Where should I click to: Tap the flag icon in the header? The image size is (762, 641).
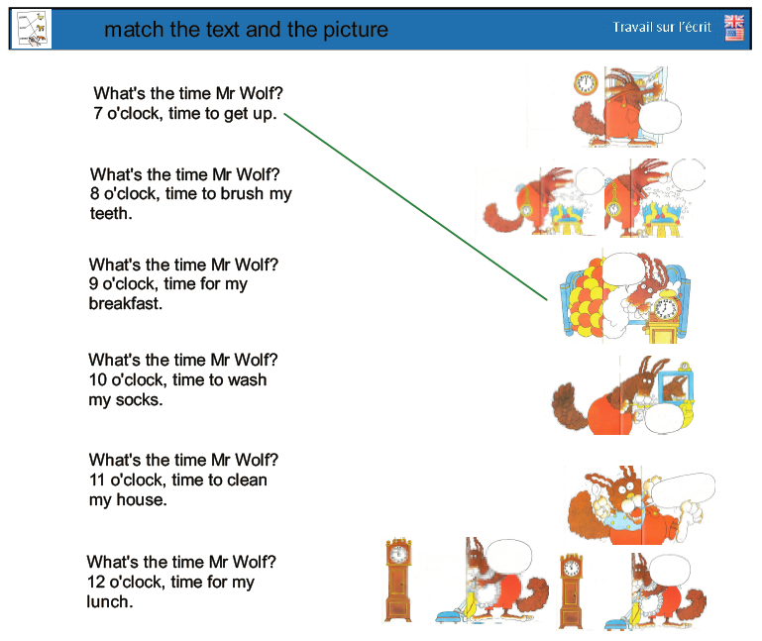click(734, 27)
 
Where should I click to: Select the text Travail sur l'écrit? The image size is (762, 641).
click(661, 27)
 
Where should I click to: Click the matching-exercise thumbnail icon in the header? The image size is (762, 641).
click(31, 29)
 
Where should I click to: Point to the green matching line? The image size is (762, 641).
click(415, 206)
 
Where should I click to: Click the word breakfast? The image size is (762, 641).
click(125, 304)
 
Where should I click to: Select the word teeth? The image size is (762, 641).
click(111, 213)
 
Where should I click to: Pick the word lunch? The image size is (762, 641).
click(109, 601)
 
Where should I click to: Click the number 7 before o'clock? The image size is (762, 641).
click(98, 113)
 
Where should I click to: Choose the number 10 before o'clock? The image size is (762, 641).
click(98, 379)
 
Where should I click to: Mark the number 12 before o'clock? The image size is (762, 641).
click(96, 582)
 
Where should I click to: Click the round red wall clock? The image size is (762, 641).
click(586, 83)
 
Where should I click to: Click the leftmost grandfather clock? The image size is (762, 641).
click(398, 580)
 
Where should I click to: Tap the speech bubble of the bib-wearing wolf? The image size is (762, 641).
click(682, 489)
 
